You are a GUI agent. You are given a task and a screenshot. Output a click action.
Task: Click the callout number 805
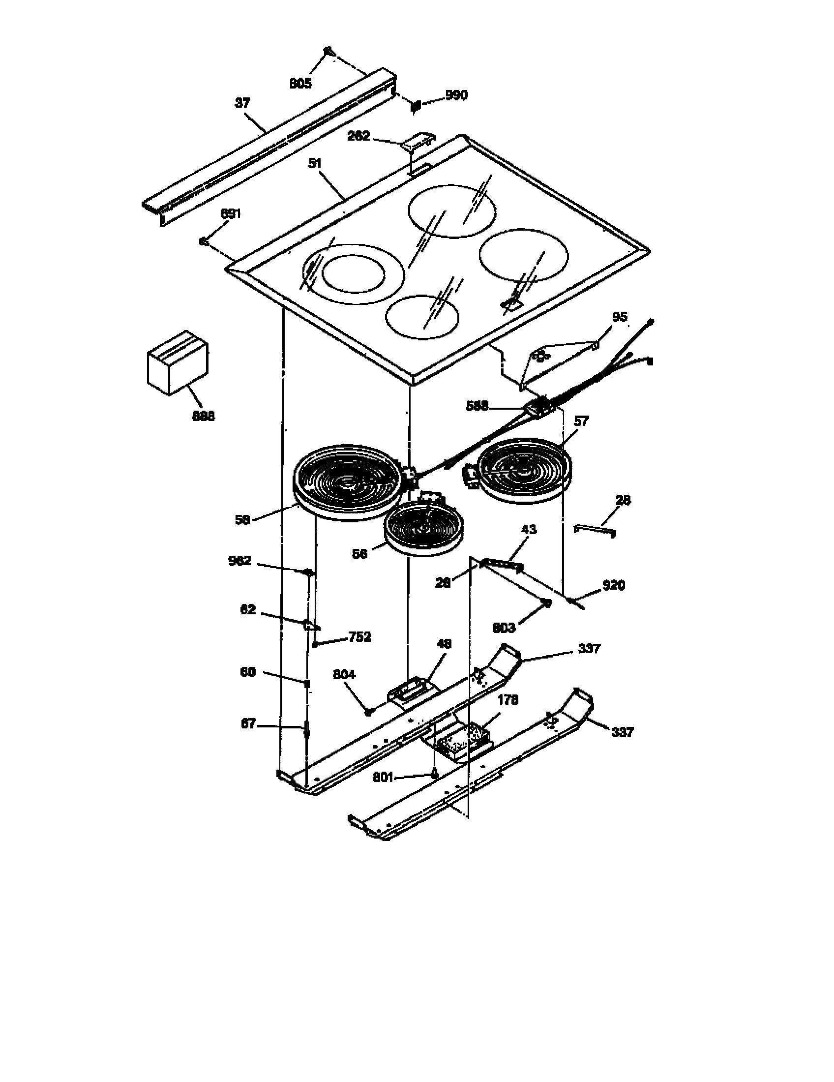(300, 84)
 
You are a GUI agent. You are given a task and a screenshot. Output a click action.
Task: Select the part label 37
(242, 103)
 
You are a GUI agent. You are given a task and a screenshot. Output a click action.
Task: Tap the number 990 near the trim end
(456, 95)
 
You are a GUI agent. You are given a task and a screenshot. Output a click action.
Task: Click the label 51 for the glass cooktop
(315, 163)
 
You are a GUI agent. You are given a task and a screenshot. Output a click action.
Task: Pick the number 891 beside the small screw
(230, 213)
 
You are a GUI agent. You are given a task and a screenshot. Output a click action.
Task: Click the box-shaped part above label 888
(178, 362)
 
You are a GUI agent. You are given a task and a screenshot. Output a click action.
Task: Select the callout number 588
(477, 406)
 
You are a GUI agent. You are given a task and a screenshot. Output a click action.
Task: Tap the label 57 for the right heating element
(581, 421)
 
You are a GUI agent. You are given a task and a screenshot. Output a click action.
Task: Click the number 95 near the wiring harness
(620, 317)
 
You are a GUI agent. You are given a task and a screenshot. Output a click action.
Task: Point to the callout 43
(529, 530)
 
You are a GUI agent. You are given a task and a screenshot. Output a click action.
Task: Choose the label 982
(239, 561)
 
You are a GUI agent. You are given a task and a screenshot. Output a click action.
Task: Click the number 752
(359, 636)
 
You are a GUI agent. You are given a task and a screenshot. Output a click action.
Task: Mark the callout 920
(613, 586)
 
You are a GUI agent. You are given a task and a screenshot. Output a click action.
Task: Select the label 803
(504, 628)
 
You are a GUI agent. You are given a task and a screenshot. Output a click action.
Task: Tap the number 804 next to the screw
(344, 675)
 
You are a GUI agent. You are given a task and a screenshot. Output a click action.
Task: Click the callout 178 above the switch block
(507, 700)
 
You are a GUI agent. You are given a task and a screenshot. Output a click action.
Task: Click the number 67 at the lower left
(248, 724)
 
